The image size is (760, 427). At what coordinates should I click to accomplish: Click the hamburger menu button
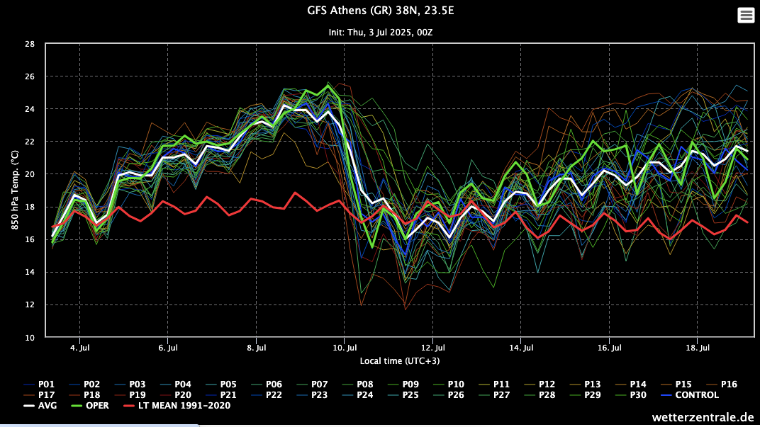click(746, 15)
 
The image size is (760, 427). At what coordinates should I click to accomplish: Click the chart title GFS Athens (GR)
click(379, 11)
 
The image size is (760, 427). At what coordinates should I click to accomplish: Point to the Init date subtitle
click(380, 33)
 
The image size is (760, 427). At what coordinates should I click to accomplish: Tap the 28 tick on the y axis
click(30, 44)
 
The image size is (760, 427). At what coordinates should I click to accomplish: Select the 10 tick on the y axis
click(30, 338)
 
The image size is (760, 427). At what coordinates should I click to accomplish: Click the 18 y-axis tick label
click(30, 207)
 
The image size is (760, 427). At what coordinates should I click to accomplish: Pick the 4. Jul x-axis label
click(79, 348)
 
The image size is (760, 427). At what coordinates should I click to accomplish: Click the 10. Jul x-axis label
click(344, 348)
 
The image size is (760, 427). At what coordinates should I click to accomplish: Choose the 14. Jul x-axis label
click(520, 348)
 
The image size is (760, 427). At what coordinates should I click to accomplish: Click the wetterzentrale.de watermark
click(702, 417)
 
